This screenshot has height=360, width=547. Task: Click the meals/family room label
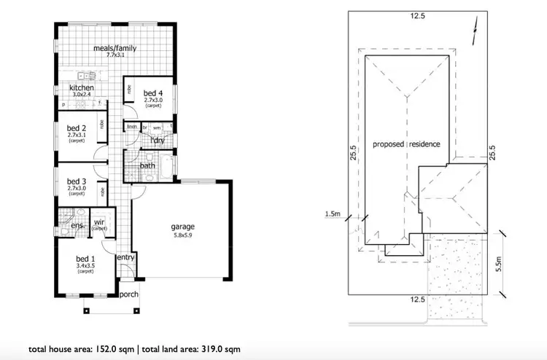tap(115, 49)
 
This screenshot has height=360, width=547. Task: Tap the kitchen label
tap(82, 88)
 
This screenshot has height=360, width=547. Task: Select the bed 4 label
tap(152, 93)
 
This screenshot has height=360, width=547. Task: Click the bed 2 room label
tap(77, 127)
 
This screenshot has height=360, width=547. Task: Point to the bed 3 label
tap(77, 181)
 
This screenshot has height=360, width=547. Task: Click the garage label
tap(183, 227)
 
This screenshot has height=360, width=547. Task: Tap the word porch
tap(129, 294)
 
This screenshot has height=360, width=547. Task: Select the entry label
tap(125, 257)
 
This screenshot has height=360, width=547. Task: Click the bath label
tap(147, 165)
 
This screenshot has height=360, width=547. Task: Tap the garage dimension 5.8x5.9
tap(183, 235)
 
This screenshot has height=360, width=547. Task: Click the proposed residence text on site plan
tap(406, 144)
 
